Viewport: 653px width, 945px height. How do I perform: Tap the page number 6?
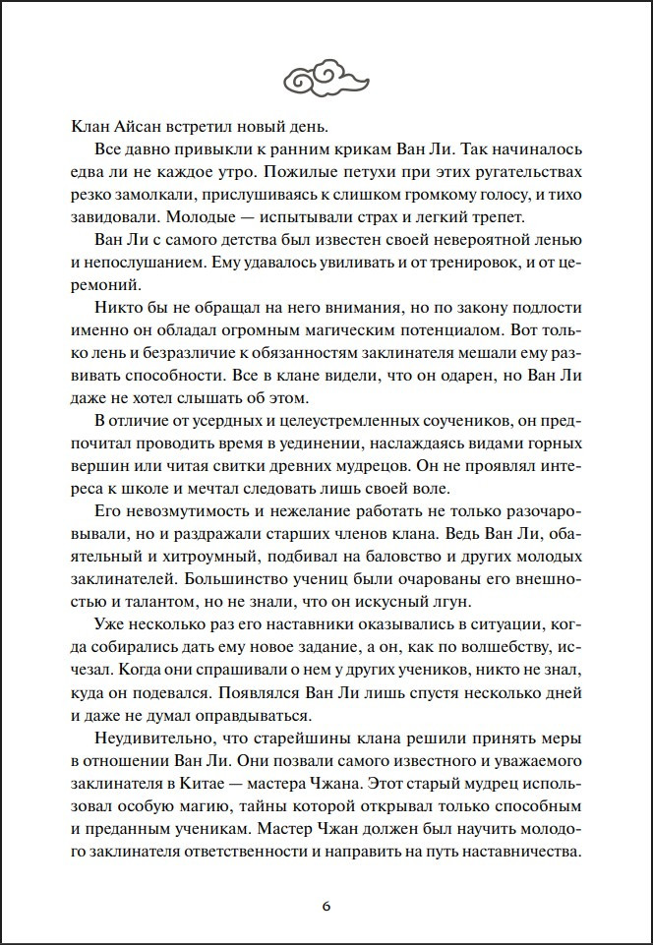326,906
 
